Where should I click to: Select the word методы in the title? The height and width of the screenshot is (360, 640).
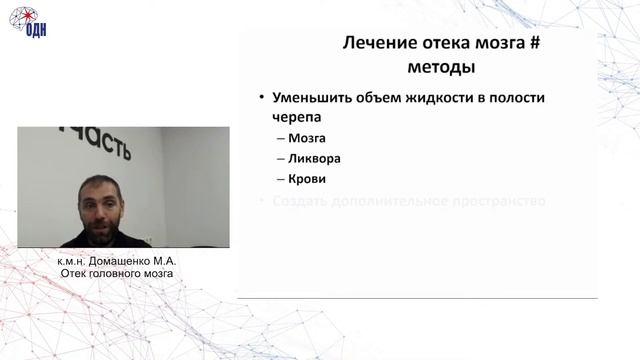(441, 68)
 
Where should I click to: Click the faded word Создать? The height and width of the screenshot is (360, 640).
(300, 201)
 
